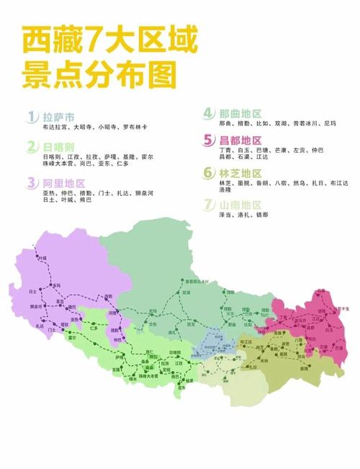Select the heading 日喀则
click(62, 147)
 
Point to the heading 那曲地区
click(243, 113)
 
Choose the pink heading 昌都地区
click(243, 140)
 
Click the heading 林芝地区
click(243, 174)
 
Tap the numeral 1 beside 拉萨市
click(32, 117)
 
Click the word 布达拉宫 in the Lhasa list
click(55, 127)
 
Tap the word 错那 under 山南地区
click(267, 215)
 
